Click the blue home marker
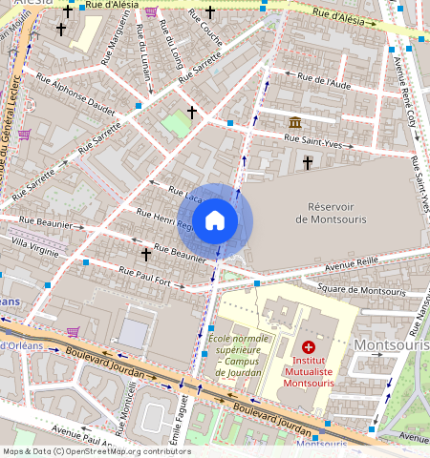pyautogui.click(x=215, y=220)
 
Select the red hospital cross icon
pyautogui.click(x=308, y=349)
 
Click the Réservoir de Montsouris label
pyautogui.click(x=331, y=213)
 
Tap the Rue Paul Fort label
pyautogui.click(x=150, y=277)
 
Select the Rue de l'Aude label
pyautogui.click(x=324, y=81)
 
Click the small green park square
pyautogui.click(x=176, y=124)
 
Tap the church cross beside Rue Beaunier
pyautogui.click(x=146, y=254)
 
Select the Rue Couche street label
pyautogui.click(x=204, y=33)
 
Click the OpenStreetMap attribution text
pyautogui.click(x=96, y=451)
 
